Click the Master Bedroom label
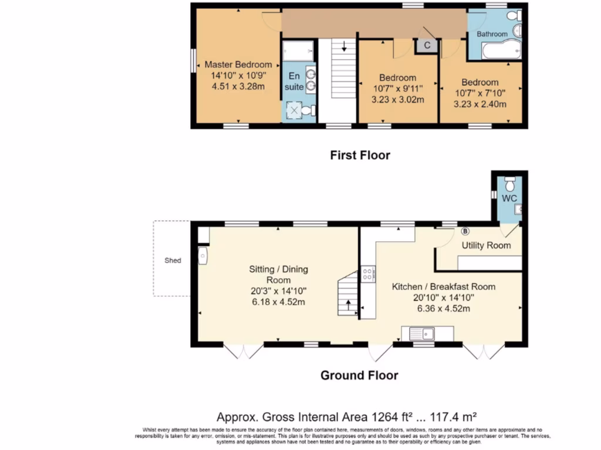click(x=238, y=64)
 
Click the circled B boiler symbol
click(x=465, y=231)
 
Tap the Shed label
click(x=173, y=261)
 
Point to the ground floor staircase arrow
click(x=348, y=304)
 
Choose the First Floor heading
click(x=360, y=155)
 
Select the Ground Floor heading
click(x=359, y=376)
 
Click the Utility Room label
click(x=486, y=246)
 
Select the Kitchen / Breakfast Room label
click(x=443, y=287)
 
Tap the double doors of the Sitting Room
click(x=244, y=351)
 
